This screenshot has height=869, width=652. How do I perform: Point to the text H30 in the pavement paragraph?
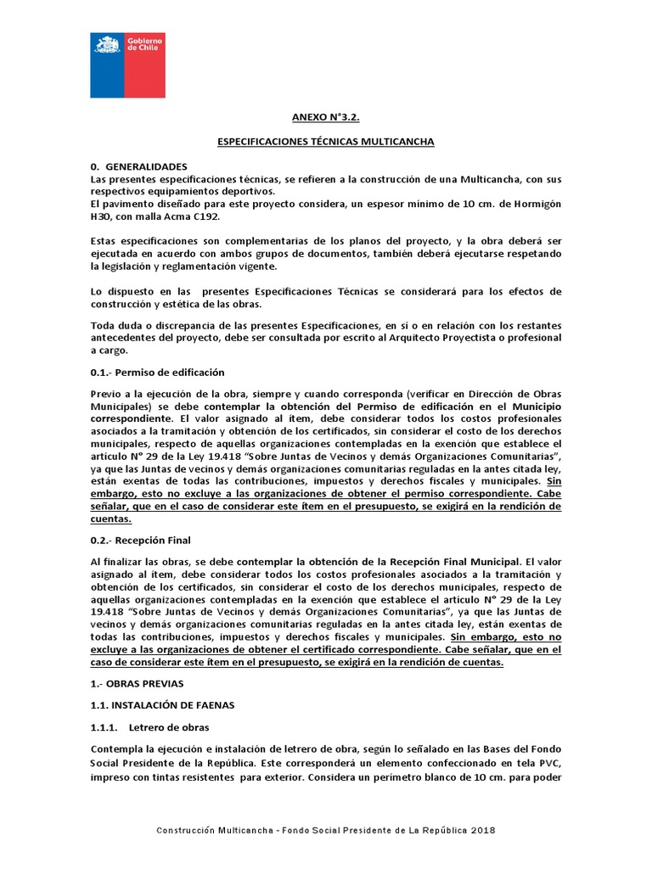point(100,216)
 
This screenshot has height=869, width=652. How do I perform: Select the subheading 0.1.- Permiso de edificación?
point(157,372)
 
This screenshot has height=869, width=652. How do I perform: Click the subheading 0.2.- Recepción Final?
point(140,540)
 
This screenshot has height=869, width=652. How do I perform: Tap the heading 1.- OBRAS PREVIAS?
point(136,682)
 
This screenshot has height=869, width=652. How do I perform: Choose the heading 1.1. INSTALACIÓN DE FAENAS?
point(162,704)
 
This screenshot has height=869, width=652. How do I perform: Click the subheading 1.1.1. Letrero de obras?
point(149,727)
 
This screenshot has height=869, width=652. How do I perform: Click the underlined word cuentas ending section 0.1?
point(110,519)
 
